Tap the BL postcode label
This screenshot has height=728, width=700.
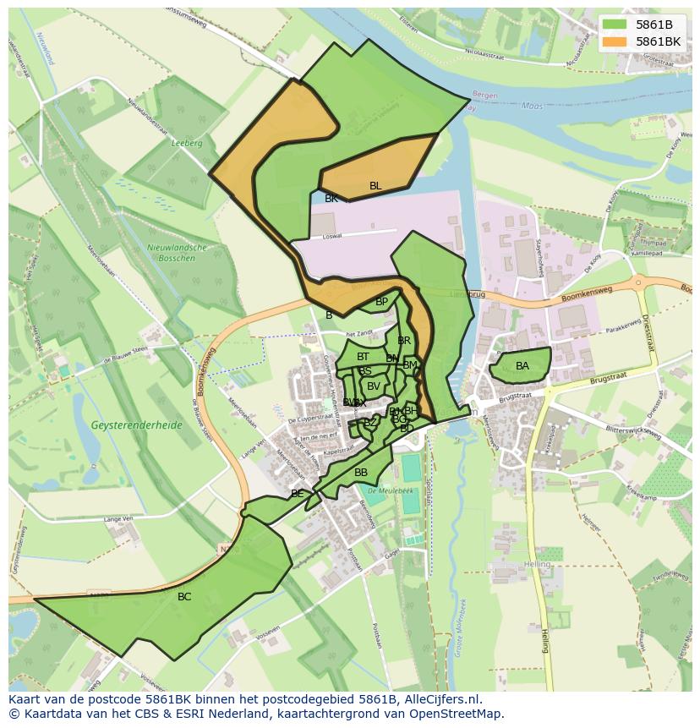coord(375,186)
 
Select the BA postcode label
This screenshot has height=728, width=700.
coord(522,366)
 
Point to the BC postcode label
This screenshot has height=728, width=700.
coord(184,597)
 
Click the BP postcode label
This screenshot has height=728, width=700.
coord(381,302)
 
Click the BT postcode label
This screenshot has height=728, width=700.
coord(363,358)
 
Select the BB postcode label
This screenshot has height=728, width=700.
coord(361,473)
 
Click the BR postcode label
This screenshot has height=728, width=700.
coord(404,341)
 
